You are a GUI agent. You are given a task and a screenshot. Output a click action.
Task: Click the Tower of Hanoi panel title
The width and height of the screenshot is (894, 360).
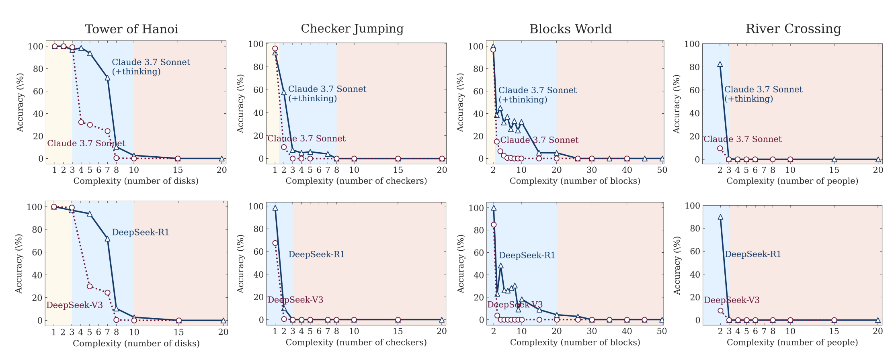(131, 29)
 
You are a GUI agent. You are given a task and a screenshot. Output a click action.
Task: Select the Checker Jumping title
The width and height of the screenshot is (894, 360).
(352, 29)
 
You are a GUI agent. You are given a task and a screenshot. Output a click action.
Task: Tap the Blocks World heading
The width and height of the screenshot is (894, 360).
(570, 29)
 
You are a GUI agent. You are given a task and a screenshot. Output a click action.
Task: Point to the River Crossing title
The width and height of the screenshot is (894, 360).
(793, 29)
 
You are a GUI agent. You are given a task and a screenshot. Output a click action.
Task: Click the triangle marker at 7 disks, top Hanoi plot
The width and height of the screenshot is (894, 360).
(107, 78)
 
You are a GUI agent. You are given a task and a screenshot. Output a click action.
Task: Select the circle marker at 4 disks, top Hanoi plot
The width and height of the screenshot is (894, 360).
(81, 122)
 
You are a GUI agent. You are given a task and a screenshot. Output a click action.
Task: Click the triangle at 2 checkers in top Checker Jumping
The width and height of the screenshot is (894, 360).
(284, 92)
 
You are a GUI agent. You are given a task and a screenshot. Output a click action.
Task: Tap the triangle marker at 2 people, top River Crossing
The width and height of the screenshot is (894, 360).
(720, 64)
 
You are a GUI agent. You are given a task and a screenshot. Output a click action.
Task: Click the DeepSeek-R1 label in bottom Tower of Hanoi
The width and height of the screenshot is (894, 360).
(140, 232)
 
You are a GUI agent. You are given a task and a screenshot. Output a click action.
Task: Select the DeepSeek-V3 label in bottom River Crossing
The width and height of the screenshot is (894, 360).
(732, 300)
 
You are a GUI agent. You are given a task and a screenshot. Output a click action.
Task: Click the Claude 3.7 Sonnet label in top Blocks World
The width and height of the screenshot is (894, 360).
(539, 140)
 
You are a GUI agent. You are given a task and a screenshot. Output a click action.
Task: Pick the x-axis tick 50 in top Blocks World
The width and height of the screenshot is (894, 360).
(662, 170)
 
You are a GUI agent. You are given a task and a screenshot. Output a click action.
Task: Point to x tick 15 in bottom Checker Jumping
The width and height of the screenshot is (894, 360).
(398, 331)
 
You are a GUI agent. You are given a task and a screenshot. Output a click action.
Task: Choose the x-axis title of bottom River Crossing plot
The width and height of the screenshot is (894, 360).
(792, 343)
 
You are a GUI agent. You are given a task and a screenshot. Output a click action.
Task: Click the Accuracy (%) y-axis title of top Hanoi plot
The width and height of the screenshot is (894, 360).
(20, 102)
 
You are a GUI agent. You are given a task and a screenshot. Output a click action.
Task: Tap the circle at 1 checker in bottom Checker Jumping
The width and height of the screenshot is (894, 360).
(275, 243)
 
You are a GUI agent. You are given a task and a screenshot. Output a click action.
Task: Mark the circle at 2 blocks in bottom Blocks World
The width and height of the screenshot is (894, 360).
(494, 225)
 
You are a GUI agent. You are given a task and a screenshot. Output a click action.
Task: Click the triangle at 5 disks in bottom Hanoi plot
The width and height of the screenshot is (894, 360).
(90, 214)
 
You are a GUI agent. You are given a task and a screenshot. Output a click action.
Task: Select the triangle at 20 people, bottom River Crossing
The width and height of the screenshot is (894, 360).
(878, 320)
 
